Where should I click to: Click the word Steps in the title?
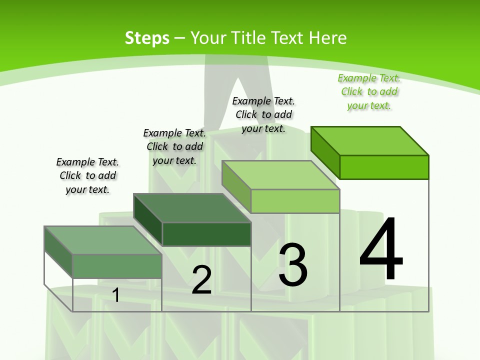[146, 38]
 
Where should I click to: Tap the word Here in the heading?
[328, 38]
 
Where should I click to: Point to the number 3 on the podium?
[292, 265]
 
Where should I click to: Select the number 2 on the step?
[201, 280]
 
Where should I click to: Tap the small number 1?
[115, 295]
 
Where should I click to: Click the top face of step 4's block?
[370, 140]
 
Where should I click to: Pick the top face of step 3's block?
[281, 175]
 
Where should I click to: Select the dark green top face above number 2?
[192, 208]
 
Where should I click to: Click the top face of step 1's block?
[103, 240]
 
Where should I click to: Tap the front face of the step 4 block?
[384, 167]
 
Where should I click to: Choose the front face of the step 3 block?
[295, 201]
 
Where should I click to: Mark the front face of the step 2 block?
[206, 234]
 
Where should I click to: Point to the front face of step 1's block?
[117, 266]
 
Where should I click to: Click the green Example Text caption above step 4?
[369, 92]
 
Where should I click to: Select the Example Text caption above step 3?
[263, 115]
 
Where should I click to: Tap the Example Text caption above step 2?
[174, 146]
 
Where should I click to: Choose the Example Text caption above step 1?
[87, 175]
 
